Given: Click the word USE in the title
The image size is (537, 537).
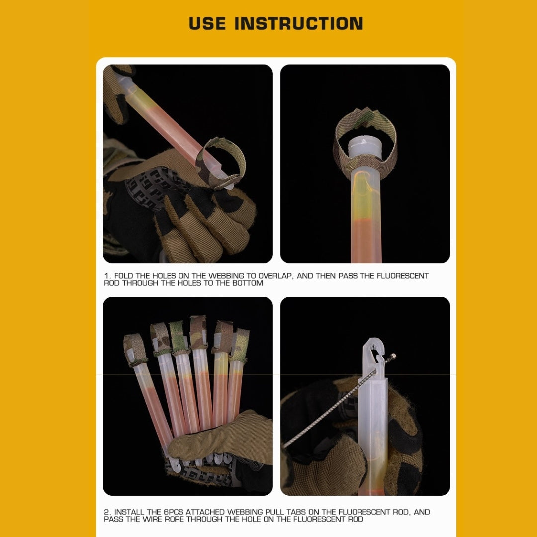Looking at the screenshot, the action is (207, 23).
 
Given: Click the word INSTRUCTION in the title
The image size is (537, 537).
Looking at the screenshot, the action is (299, 23).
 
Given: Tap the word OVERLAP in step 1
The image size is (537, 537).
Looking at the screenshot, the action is (275, 276).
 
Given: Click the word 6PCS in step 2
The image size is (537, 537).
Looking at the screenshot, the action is (174, 512).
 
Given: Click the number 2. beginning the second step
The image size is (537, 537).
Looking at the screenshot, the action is (107, 512).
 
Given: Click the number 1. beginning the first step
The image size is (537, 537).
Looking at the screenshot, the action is (107, 276).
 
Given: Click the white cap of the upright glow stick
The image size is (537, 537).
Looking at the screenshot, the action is (365, 147).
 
